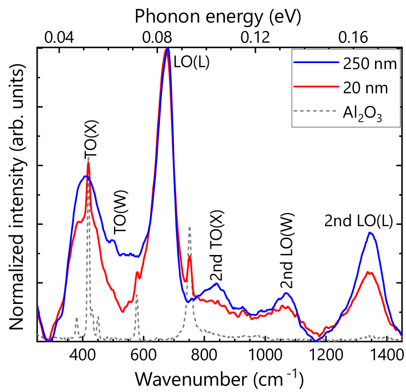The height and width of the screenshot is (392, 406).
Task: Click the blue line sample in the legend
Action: pos(316,63)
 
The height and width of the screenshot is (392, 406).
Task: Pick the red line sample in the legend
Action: pos(316,86)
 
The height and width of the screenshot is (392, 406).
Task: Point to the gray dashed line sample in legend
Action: pos(316,111)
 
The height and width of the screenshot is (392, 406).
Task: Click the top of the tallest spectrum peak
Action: pos(167,49)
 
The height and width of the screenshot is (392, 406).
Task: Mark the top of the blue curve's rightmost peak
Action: pos(370,232)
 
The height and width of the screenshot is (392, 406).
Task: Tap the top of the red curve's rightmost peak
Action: pos(370,272)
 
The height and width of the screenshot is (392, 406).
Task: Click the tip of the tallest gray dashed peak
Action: pos(88,158)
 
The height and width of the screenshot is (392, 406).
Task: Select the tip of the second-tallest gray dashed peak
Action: pos(189,227)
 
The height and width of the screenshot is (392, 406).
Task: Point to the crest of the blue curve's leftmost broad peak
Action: pos(85,176)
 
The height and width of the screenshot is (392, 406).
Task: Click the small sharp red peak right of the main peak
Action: pos(189,258)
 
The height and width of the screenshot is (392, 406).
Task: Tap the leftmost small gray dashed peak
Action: pos(77,318)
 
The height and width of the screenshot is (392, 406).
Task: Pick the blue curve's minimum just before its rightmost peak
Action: pos(317,340)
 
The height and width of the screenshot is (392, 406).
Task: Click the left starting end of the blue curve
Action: pos(37,302)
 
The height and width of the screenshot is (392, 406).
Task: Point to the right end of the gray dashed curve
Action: pos(402,338)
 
